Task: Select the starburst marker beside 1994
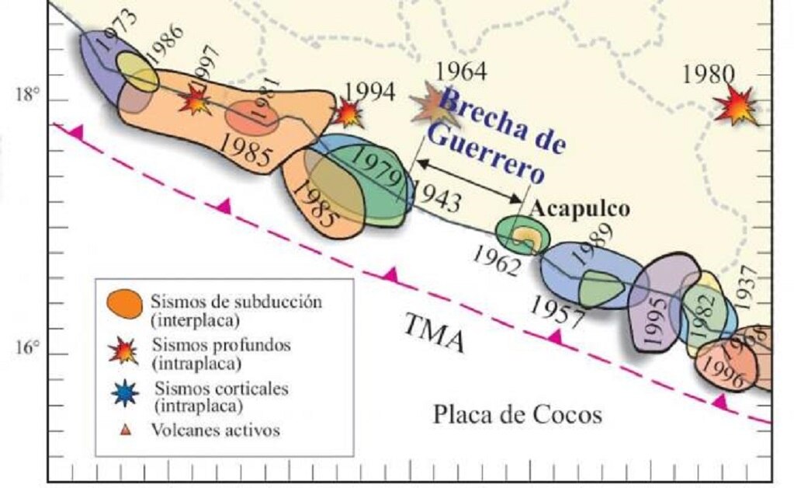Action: (x=348, y=113)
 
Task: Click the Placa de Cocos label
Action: (x=517, y=414)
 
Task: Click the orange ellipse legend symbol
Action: (x=124, y=302)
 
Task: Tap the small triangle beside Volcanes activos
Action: (x=124, y=429)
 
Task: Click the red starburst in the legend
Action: (x=124, y=351)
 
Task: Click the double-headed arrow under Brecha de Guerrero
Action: (x=469, y=180)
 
